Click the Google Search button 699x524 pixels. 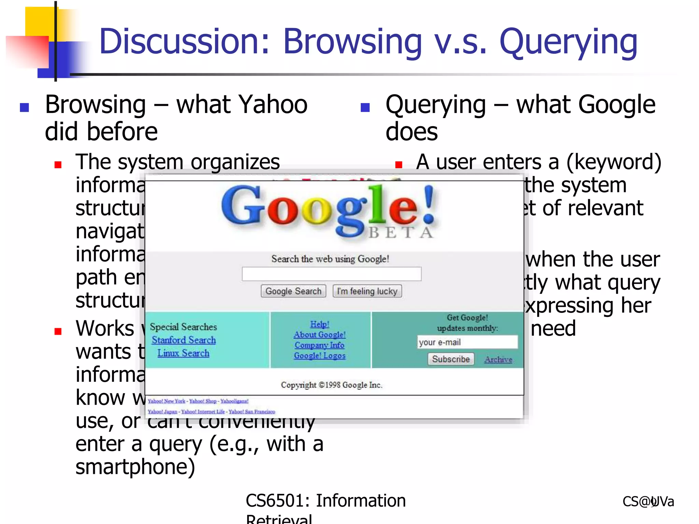click(x=293, y=291)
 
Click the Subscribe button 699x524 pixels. click(x=451, y=359)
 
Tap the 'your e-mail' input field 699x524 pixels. click(x=467, y=342)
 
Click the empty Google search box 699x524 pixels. click(x=331, y=274)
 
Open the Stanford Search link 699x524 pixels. click(x=184, y=340)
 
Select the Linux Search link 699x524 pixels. click(x=183, y=353)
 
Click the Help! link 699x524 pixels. click(x=319, y=324)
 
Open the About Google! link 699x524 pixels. click(x=319, y=335)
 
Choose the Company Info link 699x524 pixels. click(x=319, y=345)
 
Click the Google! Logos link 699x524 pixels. click(x=319, y=356)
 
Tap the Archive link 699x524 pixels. click(x=498, y=360)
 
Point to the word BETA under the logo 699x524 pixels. click(x=401, y=233)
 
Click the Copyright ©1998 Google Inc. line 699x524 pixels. click(x=331, y=385)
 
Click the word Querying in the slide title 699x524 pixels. click(x=568, y=43)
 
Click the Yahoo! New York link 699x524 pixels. click(x=167, y=401)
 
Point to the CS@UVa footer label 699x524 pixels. click(x=648, y=501)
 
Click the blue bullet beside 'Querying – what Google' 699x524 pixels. click(x=365, y=107)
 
